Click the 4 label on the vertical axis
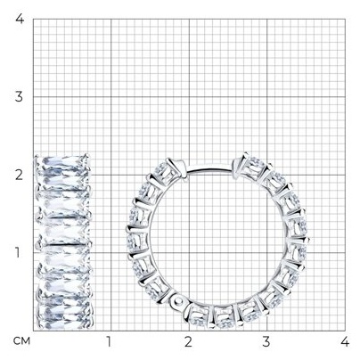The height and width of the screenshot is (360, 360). click(x=20, y=19)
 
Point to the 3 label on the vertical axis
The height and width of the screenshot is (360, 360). click(x=19, y=97)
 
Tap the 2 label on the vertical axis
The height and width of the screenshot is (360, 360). click(x=19, y=175)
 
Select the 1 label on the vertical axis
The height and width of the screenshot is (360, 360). click(x=19, y=253)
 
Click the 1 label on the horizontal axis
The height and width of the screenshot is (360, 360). click(x=109, y=341)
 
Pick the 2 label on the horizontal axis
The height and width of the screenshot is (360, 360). click(x=188, y=341)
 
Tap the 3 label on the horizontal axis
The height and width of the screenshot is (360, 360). click(x=266, y=341)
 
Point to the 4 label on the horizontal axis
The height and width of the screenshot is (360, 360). click(x=345, y=341)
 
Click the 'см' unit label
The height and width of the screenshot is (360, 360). click(x=21, y=341)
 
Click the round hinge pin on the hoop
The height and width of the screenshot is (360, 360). click(x=178, y=302)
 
